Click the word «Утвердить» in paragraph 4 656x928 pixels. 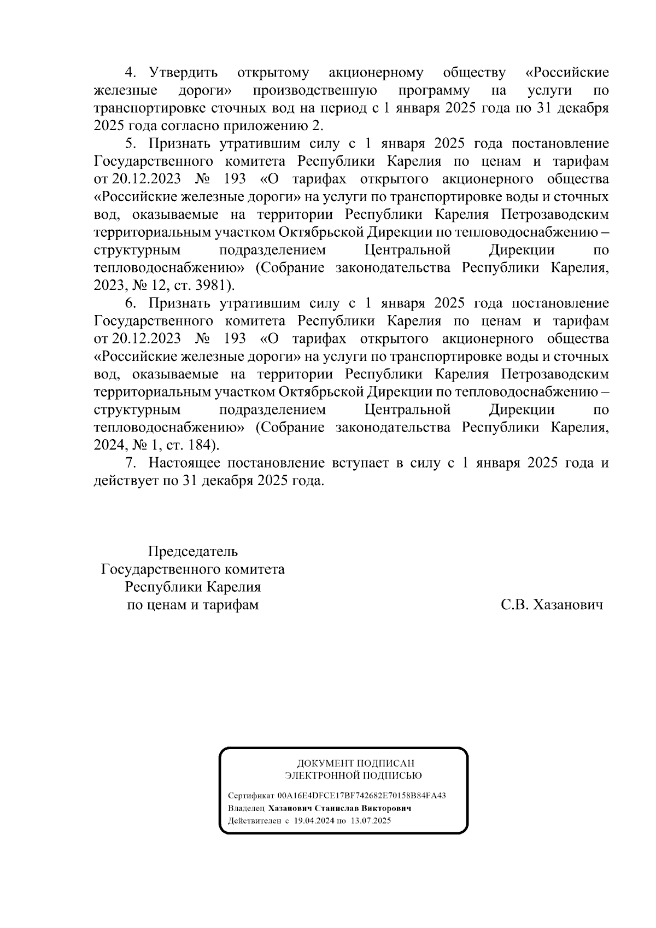tap(184, 73)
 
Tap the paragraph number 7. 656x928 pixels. tap(130, 463)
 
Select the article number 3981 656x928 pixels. tap(214, 285)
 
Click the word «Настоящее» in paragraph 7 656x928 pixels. tap(184, 463)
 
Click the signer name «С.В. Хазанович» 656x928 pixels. tap(552, 605)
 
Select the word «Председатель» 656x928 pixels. tap(194, 551)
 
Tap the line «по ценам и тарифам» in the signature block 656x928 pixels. tap(193, 605)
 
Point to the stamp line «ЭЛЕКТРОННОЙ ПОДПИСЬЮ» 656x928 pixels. tap(354, 775)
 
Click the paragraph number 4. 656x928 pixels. tap(130, 73)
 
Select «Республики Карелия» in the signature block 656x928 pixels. tap(193, 587)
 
